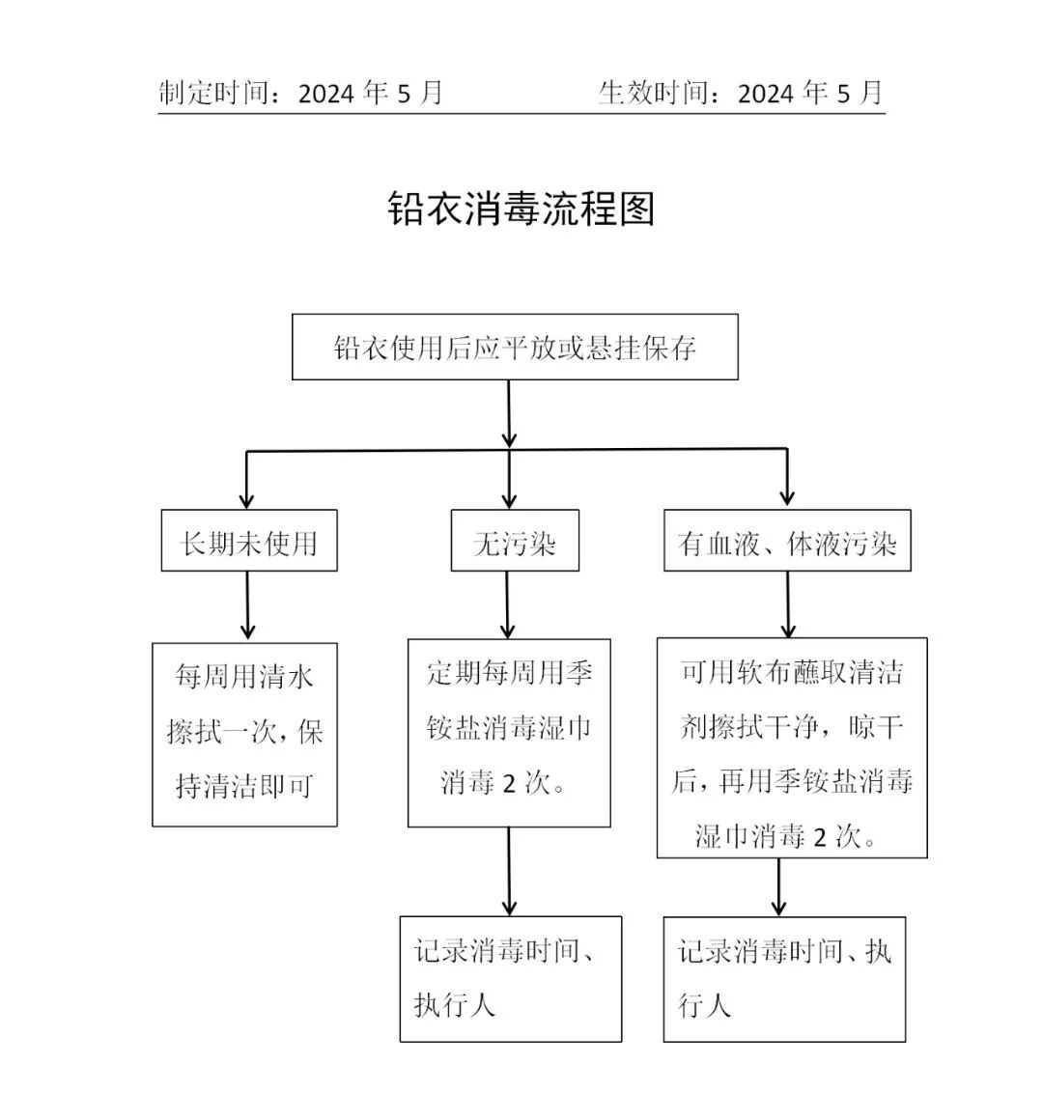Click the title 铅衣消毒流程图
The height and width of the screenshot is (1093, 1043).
(521, 208)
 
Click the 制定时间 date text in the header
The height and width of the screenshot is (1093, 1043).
(300, 93)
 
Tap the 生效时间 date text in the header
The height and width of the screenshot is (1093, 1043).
(740, 93)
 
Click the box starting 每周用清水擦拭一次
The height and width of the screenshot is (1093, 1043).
(245, 733)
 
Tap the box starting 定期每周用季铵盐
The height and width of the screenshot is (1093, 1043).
(509, 732)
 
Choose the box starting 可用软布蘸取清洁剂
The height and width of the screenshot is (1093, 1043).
(792, 746)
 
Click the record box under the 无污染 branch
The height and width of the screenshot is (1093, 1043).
(510, 978)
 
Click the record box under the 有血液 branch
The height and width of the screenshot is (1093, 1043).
(784, 978)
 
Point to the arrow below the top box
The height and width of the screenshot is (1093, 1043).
(509, 414)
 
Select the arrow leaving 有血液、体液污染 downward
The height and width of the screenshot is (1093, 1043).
(788, 604)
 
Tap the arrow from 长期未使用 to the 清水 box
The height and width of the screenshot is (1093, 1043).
(248, 607)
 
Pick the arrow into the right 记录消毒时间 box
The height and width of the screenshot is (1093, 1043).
(779, 886)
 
